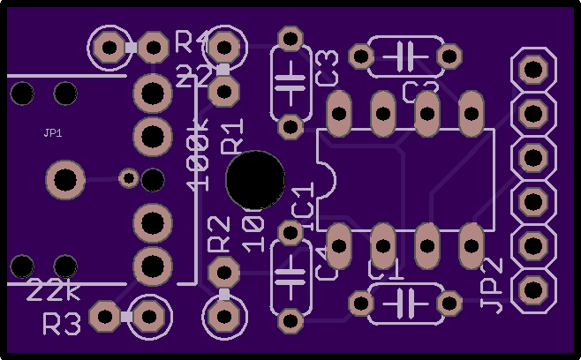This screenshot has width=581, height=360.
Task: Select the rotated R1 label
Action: tap(232, 139)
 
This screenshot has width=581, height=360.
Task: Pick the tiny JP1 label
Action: tap(52, 133)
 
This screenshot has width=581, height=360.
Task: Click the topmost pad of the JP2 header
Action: tap(532, 68)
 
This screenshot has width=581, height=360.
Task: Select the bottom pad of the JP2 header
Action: tap(532, 289)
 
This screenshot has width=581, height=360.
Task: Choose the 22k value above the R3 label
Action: tap(54, 290)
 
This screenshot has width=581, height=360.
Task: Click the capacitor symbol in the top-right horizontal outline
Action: tap(405, 56)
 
